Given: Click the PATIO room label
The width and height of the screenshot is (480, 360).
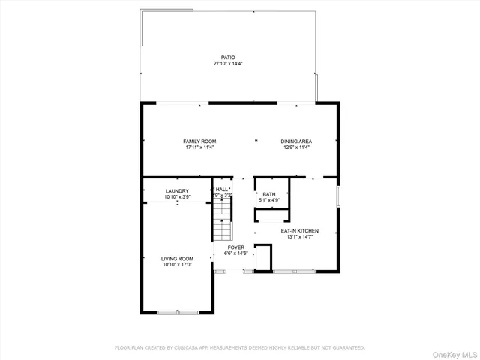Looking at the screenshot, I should (x=227, y=57).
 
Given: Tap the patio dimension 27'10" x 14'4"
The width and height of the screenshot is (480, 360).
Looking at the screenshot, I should (x=227, y=64).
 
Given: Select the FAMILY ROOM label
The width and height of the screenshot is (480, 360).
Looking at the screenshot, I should (x=199, y=141).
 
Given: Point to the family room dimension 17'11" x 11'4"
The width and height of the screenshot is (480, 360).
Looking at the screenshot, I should (x=199, y=148).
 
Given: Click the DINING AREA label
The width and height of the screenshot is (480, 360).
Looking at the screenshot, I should (x=296, y=141).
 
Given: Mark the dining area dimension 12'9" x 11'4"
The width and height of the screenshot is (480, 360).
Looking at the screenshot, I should (x=296, y=148).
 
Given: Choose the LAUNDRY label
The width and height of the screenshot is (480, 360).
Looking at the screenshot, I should (x=177, y=190).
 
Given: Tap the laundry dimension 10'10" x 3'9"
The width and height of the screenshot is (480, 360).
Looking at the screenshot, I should (x=177, y=197).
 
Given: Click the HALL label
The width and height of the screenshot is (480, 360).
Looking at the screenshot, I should (x=222, y=190).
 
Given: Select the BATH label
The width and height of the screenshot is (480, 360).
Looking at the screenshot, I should (x=269, y=194).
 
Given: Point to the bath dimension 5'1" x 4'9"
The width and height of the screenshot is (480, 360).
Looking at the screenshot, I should (x=269, y=201).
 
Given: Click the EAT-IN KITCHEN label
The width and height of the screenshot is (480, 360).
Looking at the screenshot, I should (x=300, y=230).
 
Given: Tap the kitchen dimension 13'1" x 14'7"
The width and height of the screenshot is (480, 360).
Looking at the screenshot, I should (x=300, y=237).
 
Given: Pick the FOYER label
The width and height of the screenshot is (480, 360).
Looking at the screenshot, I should (x=236, y=247).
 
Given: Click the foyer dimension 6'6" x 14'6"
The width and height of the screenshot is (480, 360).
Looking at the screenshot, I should (x=236, y=253).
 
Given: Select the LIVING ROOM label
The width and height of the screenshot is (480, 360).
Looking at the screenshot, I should (x=177, y=258).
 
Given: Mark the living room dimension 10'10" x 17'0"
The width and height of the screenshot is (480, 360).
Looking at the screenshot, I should (x=177, y=265).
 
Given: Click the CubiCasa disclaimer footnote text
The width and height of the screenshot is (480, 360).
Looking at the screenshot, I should (x=239, y=347).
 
